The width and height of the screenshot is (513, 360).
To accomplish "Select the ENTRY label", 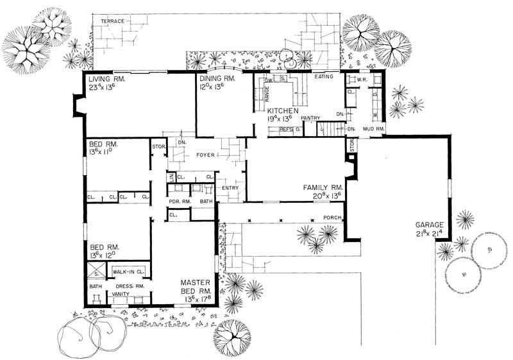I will pyautogui.click(x=230, y=188).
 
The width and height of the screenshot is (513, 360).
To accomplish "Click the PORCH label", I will pyautogui.click(x=332, y=218).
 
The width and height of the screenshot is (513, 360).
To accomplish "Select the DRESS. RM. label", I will pyautogui.click(x=129, y=286).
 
